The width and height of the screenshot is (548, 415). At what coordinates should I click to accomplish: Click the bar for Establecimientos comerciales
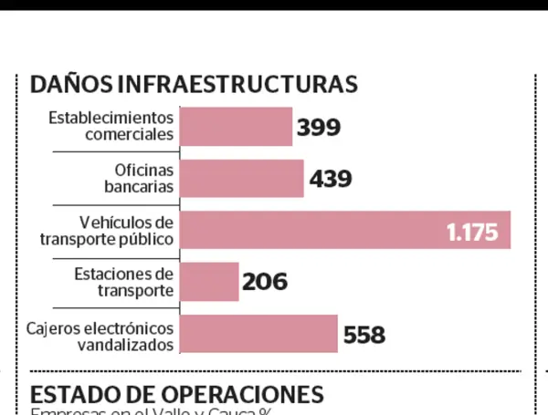[x=236, y=127]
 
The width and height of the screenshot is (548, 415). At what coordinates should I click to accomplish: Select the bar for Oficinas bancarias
[x=242, y=179]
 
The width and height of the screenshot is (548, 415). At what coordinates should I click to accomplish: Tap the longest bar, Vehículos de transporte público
[x=311, y=231]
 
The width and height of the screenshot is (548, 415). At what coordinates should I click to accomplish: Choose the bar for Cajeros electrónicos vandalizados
[x=258, y=335]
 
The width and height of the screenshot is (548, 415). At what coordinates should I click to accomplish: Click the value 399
[x=319, y=127]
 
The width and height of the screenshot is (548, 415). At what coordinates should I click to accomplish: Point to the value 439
[x=331, y=179]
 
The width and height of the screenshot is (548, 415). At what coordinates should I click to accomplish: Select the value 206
[x=265, y=283]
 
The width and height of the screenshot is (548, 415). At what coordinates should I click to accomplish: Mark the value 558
[x=364, y=335]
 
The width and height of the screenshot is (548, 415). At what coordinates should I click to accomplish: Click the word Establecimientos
[x=110, y=118]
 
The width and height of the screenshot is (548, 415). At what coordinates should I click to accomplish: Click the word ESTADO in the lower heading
[x=71, y=395]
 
